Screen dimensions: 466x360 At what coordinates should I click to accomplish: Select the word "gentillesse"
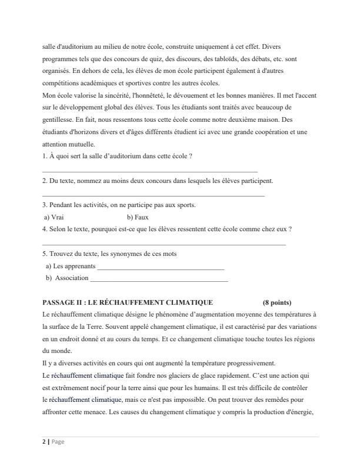click(x=58, y=120)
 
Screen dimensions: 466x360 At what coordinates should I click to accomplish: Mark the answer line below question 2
click(x=154, y=195)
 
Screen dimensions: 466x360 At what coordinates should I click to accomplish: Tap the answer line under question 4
click(x=164, y=243)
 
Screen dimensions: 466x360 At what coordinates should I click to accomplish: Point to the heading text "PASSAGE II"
click(x=62, y=302)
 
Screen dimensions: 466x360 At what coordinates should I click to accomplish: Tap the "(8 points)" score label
click(x=277, y=302)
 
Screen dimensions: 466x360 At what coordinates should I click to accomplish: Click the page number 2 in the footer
click(x=44, y=442)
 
